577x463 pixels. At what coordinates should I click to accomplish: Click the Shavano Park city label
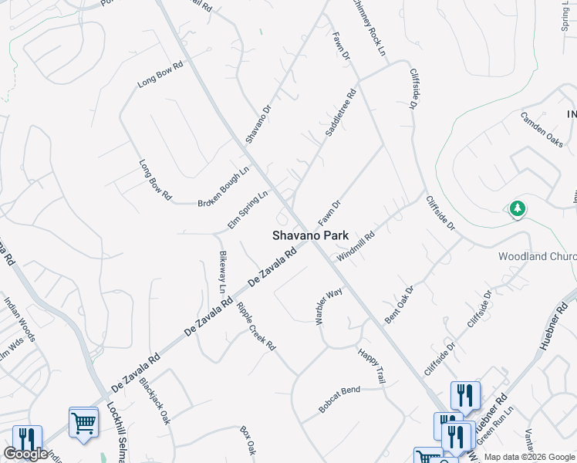309,235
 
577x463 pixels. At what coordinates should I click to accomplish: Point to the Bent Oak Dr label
400,304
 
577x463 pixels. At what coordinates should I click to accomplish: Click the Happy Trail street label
371,365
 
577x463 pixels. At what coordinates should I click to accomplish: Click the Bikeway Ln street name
224,272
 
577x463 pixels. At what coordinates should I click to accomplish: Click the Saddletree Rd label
340,113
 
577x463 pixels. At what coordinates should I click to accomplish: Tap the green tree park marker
517,208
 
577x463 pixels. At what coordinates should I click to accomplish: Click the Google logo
26,454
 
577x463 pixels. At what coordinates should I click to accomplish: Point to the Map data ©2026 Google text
528,457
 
